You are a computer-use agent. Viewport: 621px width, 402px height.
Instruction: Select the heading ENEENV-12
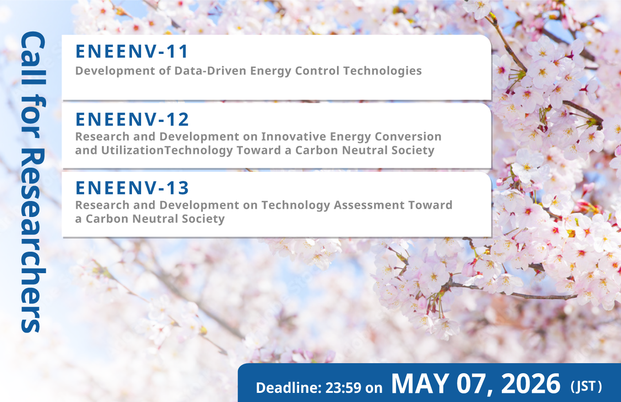click(132, 119)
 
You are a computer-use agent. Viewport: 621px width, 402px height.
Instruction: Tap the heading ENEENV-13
click(132, 188)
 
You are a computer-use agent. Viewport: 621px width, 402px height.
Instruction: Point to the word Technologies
click(383, 71)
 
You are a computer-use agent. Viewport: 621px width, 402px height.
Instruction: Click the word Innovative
click(294, 137)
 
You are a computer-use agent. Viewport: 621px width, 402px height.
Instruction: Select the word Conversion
click(408, 137)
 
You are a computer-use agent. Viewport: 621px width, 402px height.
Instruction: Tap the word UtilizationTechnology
click(167, 151)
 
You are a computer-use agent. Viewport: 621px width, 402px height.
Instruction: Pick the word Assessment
click(369, 205)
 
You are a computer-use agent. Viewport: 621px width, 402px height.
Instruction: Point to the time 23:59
click(343, 387)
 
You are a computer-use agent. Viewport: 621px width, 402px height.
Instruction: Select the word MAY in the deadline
click(420, 383)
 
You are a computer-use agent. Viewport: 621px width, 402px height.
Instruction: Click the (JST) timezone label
click(586, 386)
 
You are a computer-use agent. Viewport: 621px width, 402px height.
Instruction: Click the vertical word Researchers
click(33, 240)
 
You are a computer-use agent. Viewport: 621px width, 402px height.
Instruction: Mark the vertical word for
click(33, 116)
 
